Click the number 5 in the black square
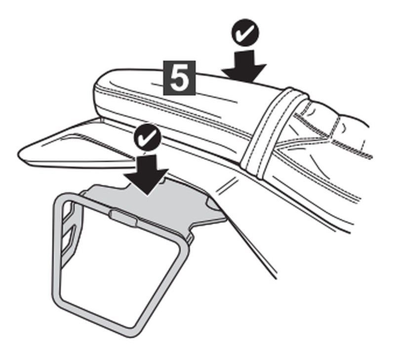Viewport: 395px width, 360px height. click(179, 78)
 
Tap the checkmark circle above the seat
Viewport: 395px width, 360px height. click(245, 32)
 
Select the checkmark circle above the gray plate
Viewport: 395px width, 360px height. click(147, 137)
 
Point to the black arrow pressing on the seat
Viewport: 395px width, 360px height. click(244, 66)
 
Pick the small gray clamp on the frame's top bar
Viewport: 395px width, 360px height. click(123, 217)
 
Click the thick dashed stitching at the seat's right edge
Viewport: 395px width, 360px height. click(353, 149)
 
